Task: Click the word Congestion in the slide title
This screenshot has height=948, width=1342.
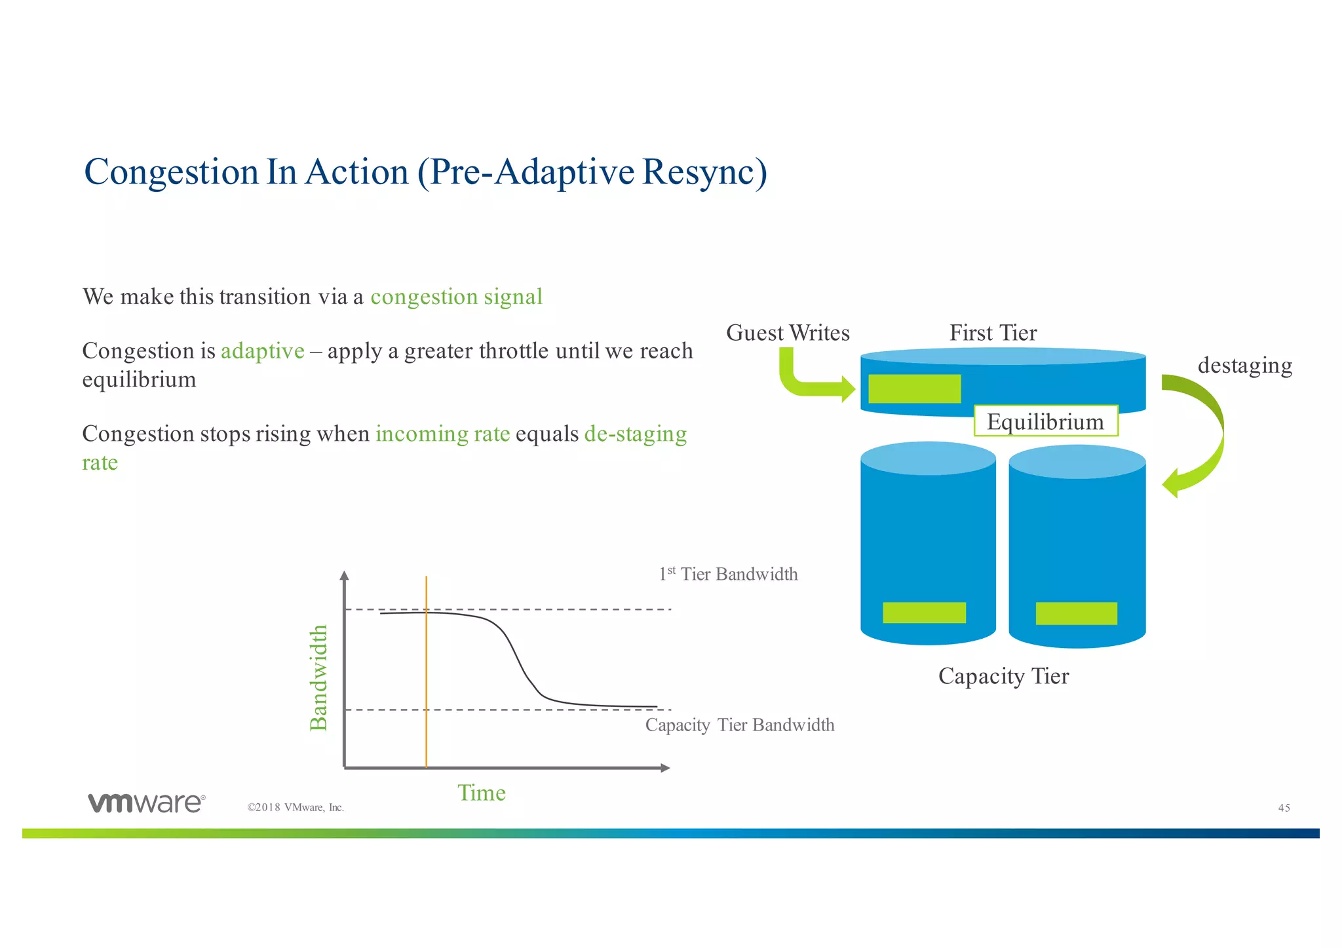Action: click(x=172, y=173)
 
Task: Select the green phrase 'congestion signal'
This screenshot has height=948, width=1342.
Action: click(x=456, y=297)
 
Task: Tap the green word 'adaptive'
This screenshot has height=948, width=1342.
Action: click(x=262, y=351)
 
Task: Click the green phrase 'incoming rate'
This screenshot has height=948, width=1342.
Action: click(x=442, y=434)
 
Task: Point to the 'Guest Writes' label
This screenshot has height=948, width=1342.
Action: click(x=788, y=333)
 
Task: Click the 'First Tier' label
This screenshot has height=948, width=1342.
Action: click(x=993, y=333)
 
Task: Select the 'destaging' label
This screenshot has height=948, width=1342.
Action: click(x=1244, y=365)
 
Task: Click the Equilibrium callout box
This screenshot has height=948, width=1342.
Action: click(x=1045, y=421)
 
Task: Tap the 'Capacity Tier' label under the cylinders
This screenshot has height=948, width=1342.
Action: click(x=1003, y=675)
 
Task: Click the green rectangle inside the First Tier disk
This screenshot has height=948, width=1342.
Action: click(x=914, y=389)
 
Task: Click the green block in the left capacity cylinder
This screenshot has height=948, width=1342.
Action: click(x=924, y=613)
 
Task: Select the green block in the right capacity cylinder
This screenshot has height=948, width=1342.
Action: click(x=1076, y=613)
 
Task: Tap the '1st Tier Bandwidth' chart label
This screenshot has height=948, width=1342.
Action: click(x=728, y=575)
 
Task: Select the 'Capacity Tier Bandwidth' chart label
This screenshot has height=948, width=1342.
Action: click(x=739, y=725)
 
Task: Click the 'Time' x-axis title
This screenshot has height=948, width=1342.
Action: click(x=481, y=793)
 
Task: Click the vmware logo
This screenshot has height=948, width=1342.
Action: click(x=146, y=803)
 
